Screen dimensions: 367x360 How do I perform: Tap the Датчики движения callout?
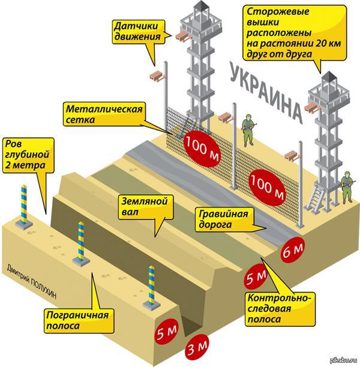coord(136,31)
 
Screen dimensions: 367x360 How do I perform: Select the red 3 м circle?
coord(195,348)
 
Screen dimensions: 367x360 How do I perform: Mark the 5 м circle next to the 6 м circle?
coord(257,278)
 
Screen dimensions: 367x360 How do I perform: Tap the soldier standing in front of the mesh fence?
coord(247,128)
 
